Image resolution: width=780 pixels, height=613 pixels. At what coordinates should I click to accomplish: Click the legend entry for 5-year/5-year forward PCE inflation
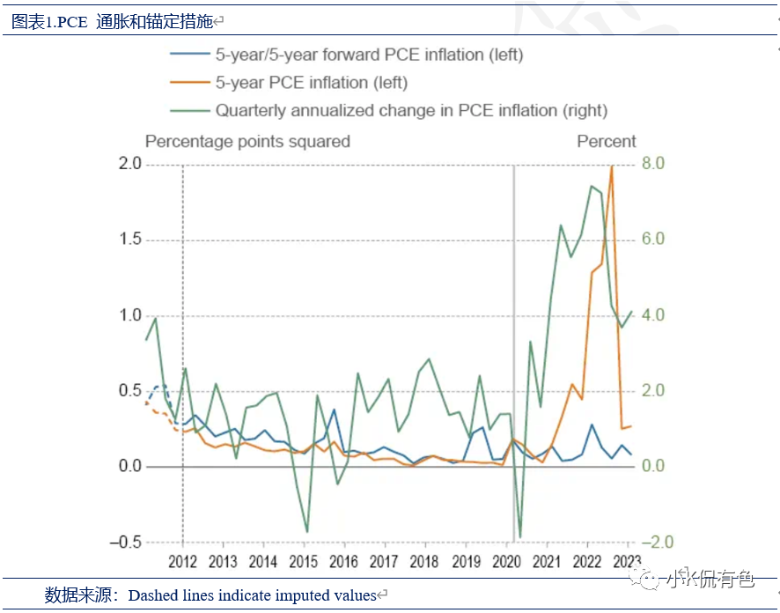(369, 55)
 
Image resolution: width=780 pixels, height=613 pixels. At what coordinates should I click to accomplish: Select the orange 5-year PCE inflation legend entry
(312, 83)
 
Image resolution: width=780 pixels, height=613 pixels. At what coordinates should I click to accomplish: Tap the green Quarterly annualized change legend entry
(411, 111)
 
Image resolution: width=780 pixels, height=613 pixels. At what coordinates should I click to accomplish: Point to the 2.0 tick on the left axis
(130, 164)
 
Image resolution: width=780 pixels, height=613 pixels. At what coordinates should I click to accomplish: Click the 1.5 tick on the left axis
(130, 240)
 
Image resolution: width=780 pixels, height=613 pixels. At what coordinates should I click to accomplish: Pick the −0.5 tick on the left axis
(125, 542)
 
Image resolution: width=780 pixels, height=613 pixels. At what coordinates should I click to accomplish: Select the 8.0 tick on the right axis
(652, 164)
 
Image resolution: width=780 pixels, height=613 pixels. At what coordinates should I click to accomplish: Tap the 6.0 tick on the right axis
(652, 240)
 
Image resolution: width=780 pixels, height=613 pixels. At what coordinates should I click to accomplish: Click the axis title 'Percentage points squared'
(247, 142)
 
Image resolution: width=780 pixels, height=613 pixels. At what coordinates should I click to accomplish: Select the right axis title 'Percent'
(606, 142)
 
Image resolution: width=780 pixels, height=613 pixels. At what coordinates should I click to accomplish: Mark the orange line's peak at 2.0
(611, 166)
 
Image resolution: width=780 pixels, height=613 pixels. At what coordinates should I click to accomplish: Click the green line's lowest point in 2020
(519, 536)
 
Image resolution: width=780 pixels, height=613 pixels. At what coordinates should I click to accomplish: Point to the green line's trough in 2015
(306, 531)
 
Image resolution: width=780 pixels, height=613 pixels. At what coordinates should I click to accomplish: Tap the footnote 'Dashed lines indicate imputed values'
(252, 596)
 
